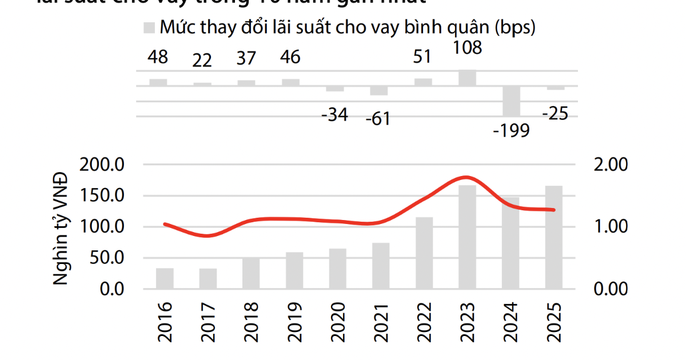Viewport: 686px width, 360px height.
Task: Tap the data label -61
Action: pos(377,119)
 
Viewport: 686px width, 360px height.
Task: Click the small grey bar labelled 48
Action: pos(158,82)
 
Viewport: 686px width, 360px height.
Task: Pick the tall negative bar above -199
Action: pos(511,101)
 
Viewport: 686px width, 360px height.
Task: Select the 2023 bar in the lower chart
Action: pos(468,237)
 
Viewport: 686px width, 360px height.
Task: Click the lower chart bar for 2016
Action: pos(165,278)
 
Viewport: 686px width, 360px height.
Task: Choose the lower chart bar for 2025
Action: pos(553,237)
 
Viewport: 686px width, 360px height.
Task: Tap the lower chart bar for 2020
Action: pos(337,269)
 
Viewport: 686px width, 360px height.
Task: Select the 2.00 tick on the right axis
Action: pos(611,165)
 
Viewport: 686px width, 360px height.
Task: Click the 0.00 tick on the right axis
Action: pos(611,289)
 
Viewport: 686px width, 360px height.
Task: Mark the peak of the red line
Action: pos(466,177)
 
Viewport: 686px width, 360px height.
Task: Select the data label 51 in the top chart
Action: pos(424,58)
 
